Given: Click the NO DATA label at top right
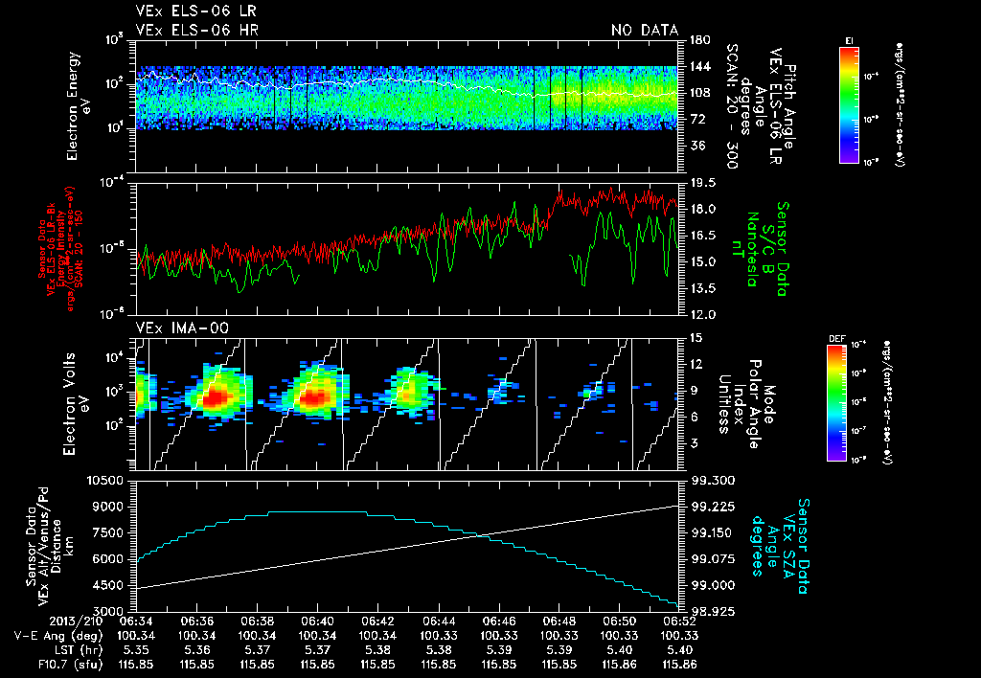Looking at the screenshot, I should pos(644,30).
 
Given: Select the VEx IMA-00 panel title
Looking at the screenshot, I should pos(174,328).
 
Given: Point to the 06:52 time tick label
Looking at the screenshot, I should pos(679,620).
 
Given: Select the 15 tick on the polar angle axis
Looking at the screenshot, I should pos(695,337).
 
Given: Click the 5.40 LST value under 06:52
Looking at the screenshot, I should pos(679,648).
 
